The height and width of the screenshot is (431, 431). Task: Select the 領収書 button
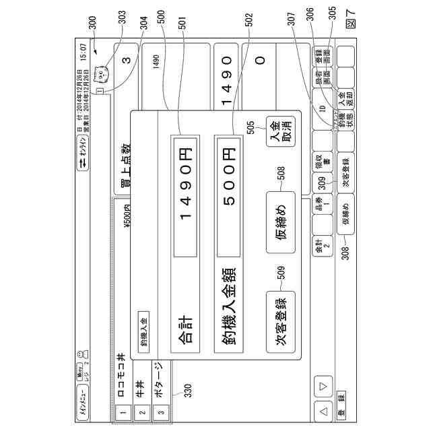pos(320,166)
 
